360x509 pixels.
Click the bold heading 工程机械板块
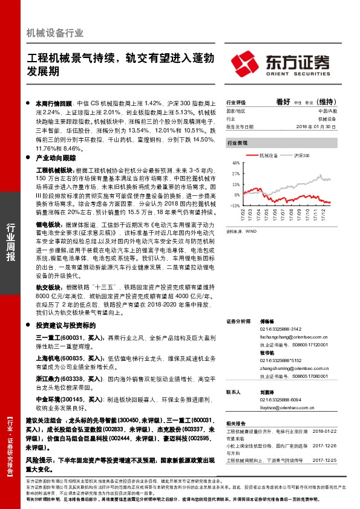[55, 172]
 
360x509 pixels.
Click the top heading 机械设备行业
[55, 33]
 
